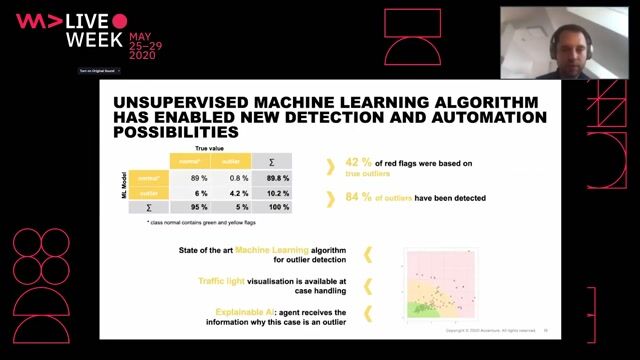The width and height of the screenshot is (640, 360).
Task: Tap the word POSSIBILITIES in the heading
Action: [x=176, y=131]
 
